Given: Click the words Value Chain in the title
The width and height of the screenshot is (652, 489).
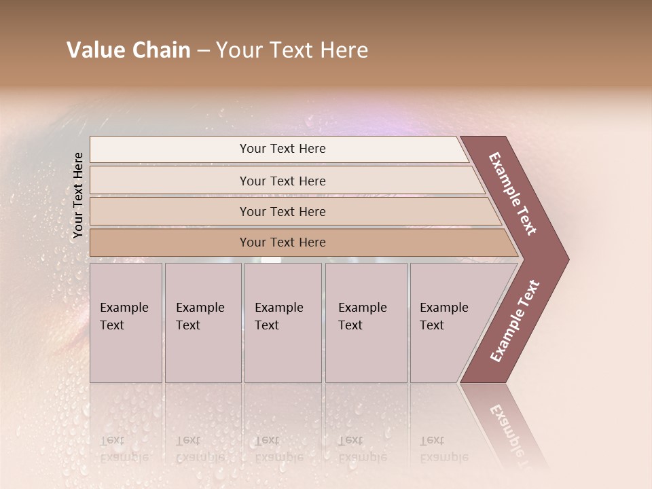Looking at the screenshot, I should coord(128,50).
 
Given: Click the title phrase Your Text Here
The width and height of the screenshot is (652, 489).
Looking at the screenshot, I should coord(292,50).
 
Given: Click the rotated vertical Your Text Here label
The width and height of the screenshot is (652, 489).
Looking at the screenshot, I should coord(78,195).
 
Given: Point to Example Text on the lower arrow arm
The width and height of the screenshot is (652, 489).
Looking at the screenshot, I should coord(515,321).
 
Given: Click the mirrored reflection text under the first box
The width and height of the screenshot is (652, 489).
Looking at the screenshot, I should coord(124,449).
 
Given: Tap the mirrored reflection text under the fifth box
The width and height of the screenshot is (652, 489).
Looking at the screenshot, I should coord(443,449).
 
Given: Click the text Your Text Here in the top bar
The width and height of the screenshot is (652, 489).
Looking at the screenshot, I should coord(283,149).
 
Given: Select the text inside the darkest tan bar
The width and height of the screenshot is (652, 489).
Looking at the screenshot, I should coord(283,242).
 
